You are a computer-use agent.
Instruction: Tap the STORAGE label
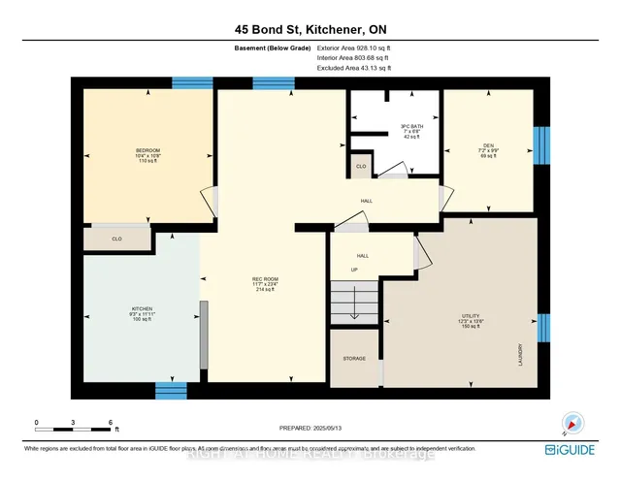click(x=354, y=359)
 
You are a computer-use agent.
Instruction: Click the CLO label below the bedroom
click(x=116, y=239)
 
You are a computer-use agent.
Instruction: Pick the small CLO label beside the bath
click(x=360, y=167)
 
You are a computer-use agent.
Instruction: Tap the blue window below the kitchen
click(x=171, y=390)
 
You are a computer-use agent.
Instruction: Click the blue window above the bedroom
click(x=192, y=83)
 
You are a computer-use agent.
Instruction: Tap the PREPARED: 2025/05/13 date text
click(x=310, y=428)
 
